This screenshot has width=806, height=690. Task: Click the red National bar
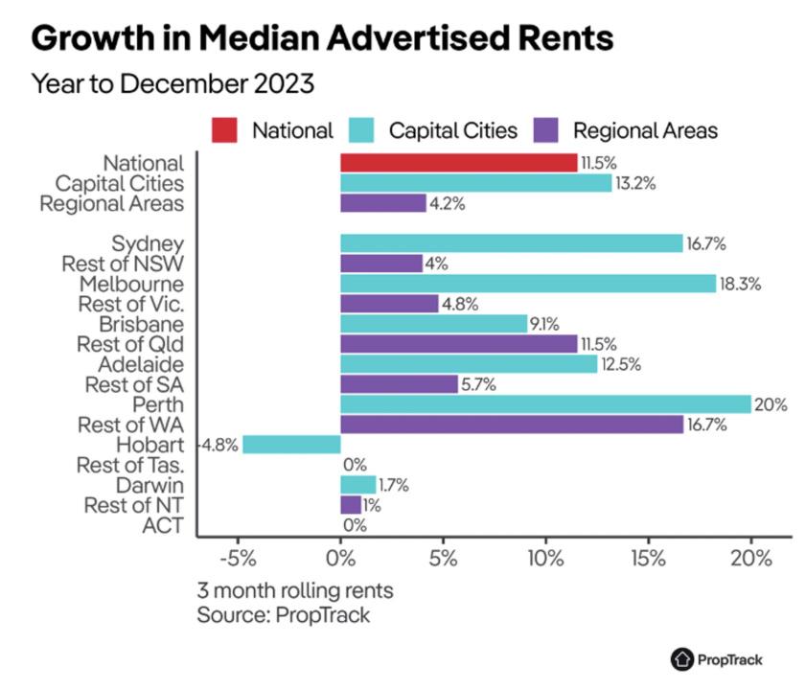(x=458, y=163)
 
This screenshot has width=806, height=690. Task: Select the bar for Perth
(x=545, y=404)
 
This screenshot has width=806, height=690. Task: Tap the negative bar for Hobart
(x=291, y=445)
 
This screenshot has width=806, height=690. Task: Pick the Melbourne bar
(x=528, y=284)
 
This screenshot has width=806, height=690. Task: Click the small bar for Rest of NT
(x=350, y=505)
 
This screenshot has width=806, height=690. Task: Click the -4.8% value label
(x=219, y=445)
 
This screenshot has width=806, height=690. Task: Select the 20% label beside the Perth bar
(x=771, y=404)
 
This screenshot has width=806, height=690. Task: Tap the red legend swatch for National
(x=225, y=129)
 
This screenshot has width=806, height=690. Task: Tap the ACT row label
(x=166, y=525)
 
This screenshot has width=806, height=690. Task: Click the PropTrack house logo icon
(x=681, y=659)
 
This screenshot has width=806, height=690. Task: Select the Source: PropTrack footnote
(x=284, y=614)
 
